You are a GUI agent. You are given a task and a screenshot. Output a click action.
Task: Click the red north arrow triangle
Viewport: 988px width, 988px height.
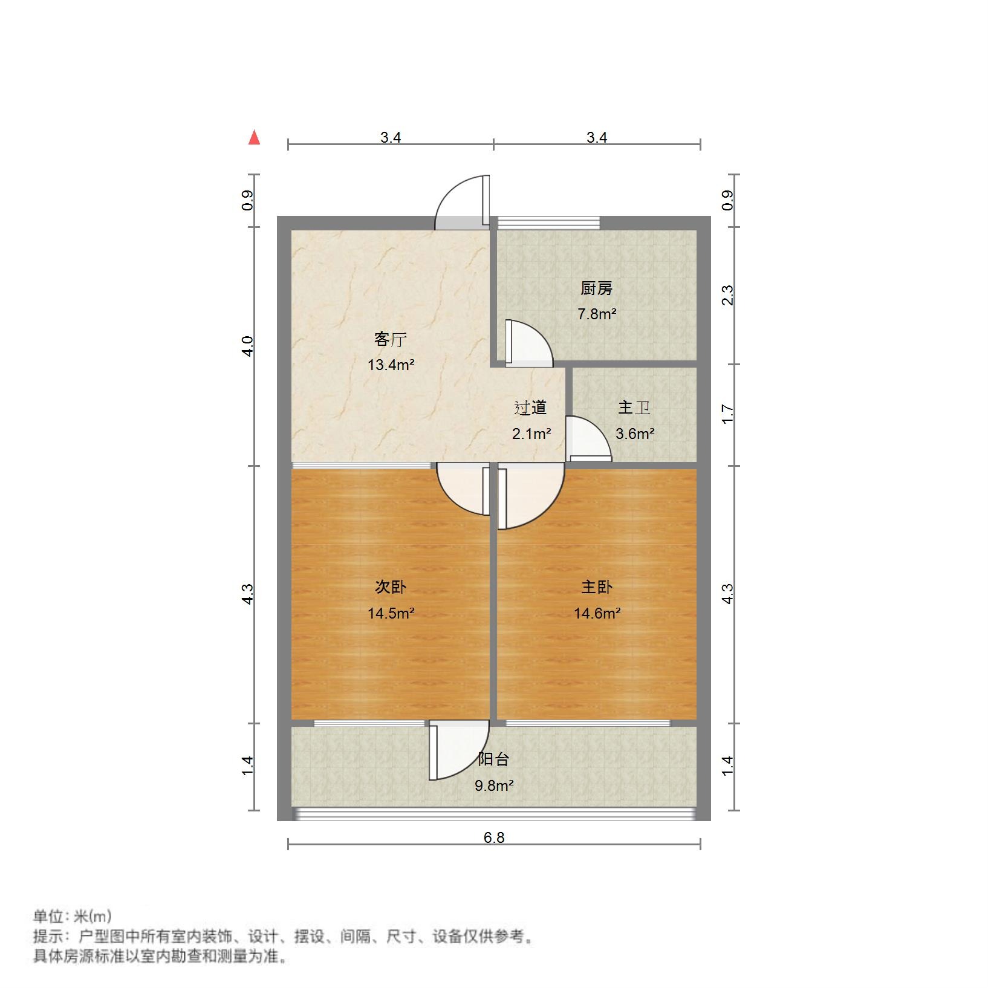(x=255, y=138)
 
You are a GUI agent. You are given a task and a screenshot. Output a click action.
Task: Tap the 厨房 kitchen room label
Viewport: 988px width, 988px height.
(x=597, y=289)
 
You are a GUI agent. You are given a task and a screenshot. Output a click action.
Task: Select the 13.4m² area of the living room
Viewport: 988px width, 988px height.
(x=391, y=365)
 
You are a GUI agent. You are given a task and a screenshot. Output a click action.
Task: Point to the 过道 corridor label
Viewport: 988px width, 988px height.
(x=530, y=408)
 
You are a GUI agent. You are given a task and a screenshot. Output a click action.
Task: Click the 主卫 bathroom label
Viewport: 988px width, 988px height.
(x=634, y=408)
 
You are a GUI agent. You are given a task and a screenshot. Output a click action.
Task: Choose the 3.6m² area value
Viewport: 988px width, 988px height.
(x=635, y=434)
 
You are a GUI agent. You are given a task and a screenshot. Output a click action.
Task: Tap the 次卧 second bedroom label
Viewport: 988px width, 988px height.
(x=391, y=587)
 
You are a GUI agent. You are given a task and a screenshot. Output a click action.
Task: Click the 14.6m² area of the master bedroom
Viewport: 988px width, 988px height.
(x=597, y=614)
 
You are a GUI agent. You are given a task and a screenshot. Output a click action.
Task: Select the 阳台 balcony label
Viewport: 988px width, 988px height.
(x=494, y=759)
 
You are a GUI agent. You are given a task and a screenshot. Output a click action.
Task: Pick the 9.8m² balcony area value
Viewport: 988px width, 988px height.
(x=494, y=786)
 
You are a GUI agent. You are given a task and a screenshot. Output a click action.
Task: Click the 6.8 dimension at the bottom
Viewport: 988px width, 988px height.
(x=494, y=837)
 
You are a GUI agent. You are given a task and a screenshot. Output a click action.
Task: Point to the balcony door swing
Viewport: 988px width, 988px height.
(x=458, y=751)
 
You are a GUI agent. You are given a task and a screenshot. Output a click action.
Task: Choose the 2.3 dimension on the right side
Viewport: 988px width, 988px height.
(x=728, y=295)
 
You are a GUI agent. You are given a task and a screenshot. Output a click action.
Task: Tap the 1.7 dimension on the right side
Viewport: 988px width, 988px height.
(x=728, y=414)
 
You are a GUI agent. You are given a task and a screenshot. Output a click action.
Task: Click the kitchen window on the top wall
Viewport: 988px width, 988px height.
(x=548, y=223)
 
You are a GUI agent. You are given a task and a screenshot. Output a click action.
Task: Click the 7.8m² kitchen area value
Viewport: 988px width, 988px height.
(x=597, y=314)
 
